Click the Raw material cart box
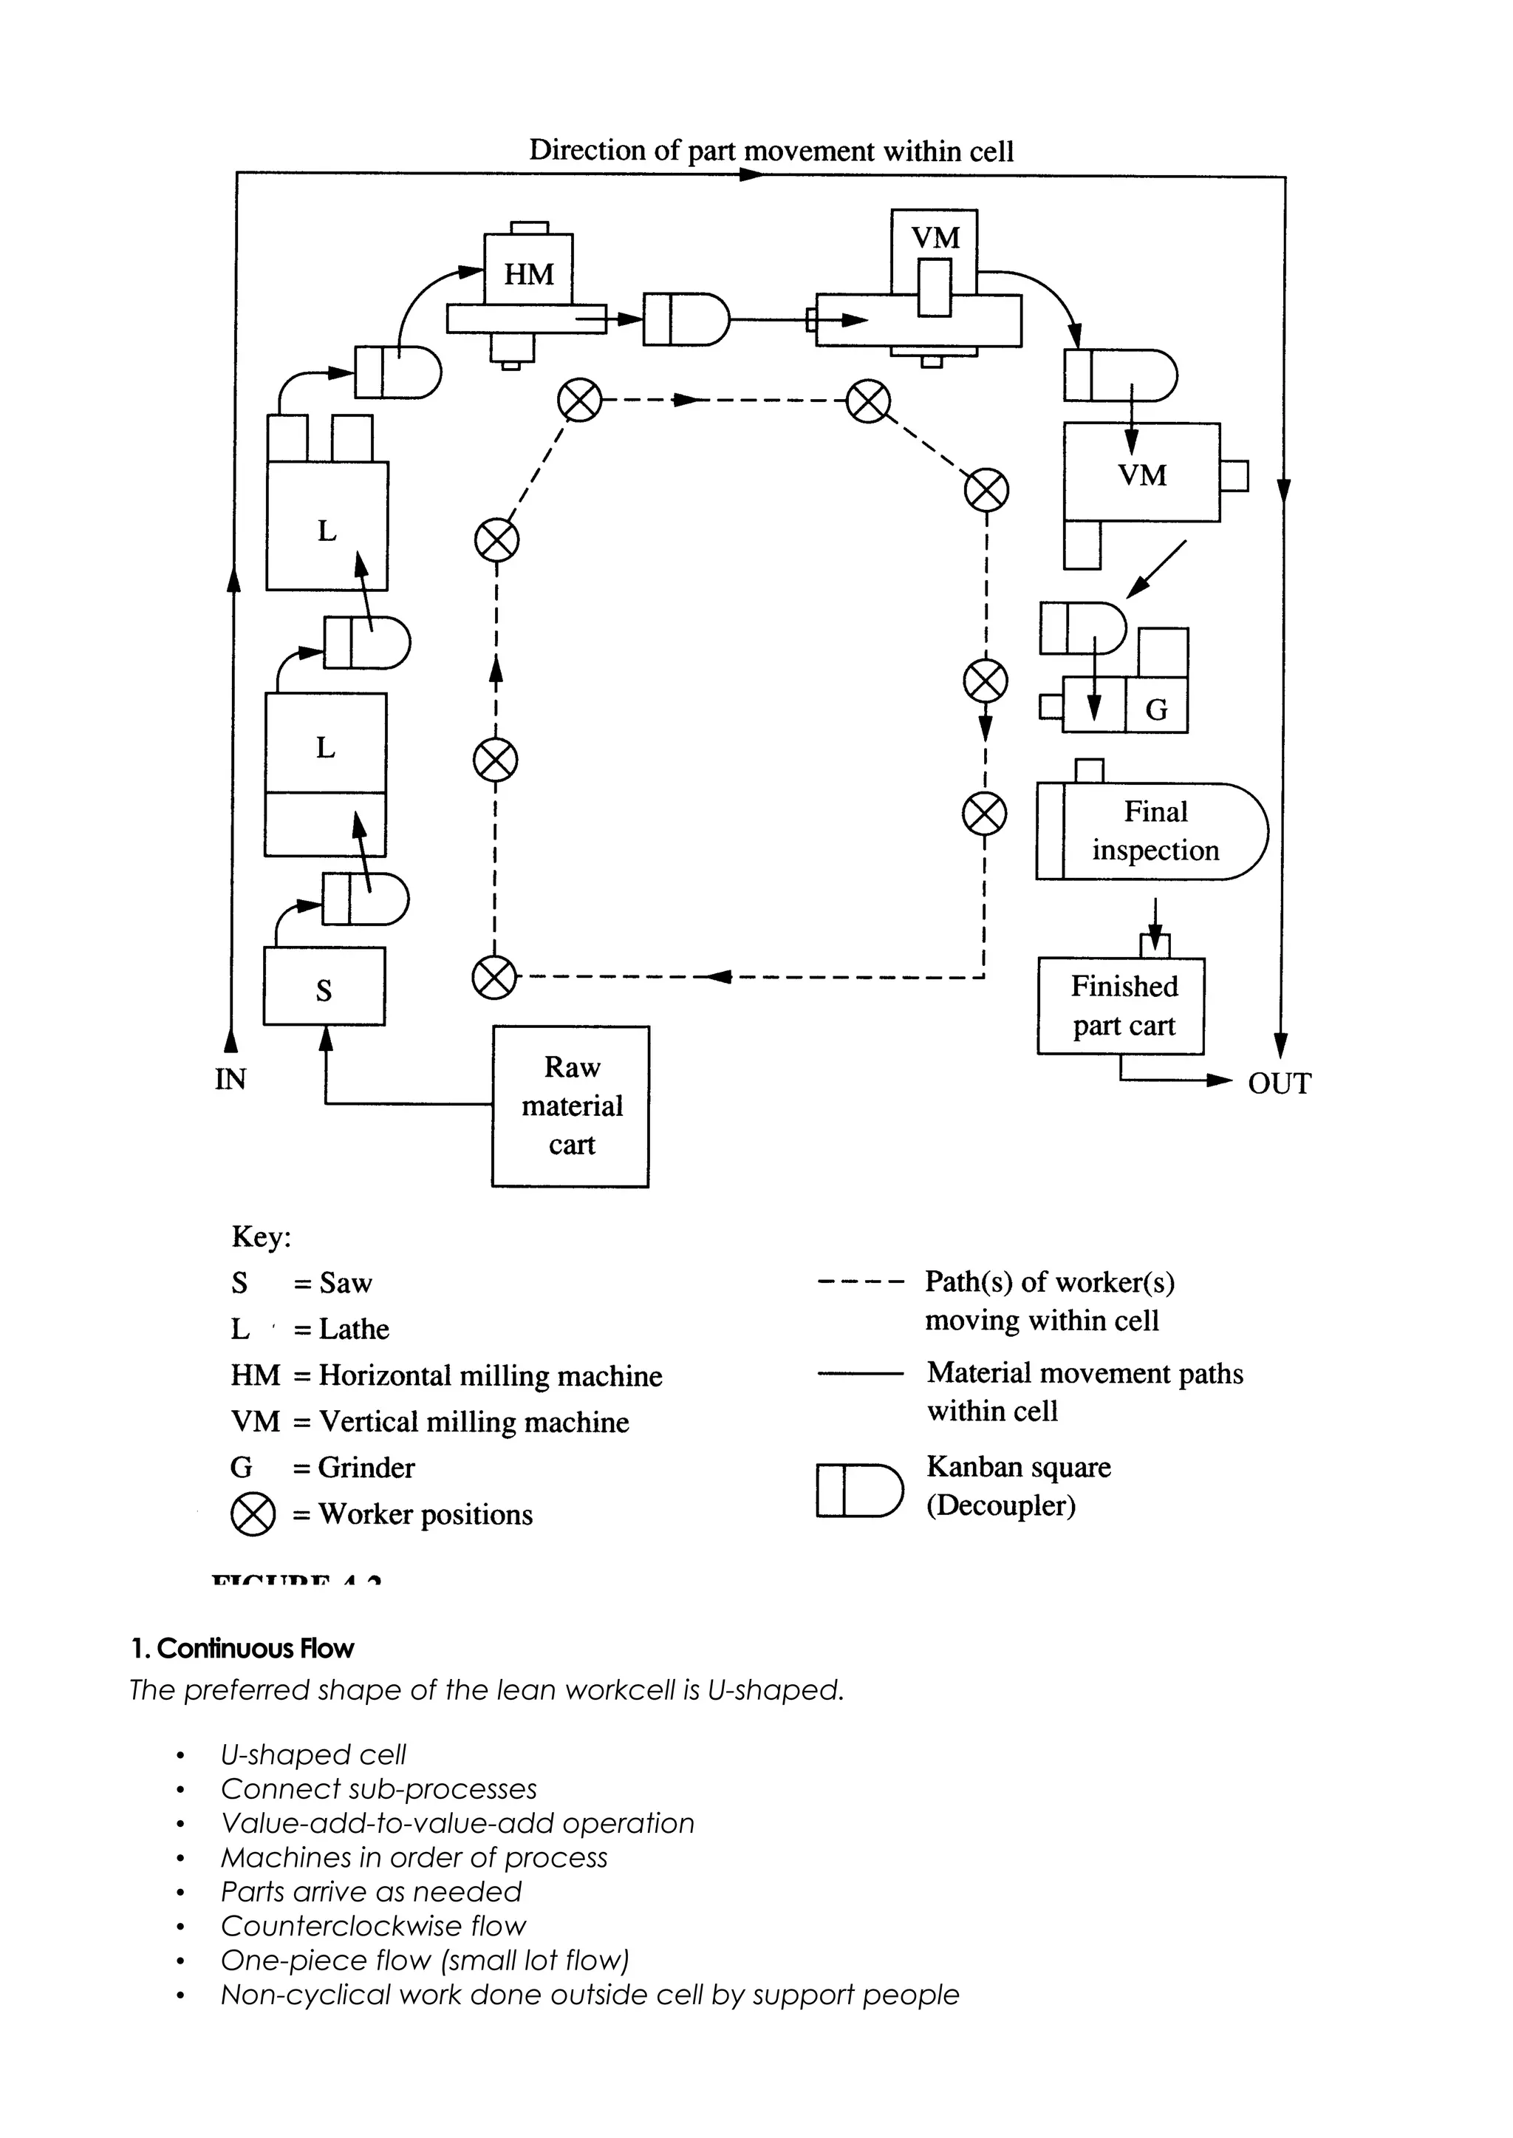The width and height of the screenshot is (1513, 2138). coord(570,1106)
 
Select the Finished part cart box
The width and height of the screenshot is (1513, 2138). coord(1121,1006)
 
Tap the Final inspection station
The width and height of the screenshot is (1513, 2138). coord(1153,831)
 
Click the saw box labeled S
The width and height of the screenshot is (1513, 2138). coord(324,987)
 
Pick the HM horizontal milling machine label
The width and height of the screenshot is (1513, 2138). coord(528,274)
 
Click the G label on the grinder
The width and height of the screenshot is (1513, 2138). coord(1156,710)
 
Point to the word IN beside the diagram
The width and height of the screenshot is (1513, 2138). coord(230,1079)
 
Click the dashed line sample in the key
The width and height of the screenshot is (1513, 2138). coord(859,1282)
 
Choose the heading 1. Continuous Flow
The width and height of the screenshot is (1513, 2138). coord(242,1649)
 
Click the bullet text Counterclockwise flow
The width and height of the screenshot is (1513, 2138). coord(372,1925)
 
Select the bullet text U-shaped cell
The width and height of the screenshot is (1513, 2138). coord(313,1755)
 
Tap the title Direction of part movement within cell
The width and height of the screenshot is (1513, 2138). coord(771,151)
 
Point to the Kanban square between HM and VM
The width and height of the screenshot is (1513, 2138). coord(686,319)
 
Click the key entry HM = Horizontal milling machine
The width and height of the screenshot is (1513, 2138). coord(446,1375)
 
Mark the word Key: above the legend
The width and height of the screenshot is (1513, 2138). coord(261,1237)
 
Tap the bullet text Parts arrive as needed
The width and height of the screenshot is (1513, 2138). coord(371,1891)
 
